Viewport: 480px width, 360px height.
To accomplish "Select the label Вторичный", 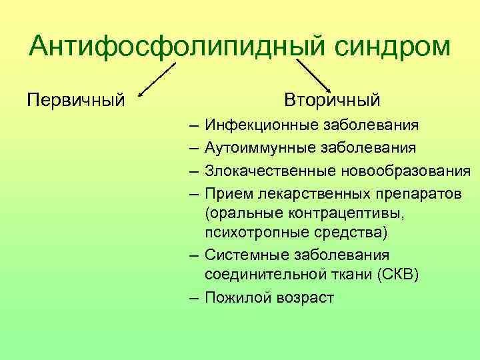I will [x=332, y=101].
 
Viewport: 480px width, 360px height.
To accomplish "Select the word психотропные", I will [x=252, y=233].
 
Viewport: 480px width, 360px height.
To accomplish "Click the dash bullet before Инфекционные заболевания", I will [x=193, y=125].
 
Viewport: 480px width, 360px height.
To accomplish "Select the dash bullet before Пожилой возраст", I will [x=193, y=297].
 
